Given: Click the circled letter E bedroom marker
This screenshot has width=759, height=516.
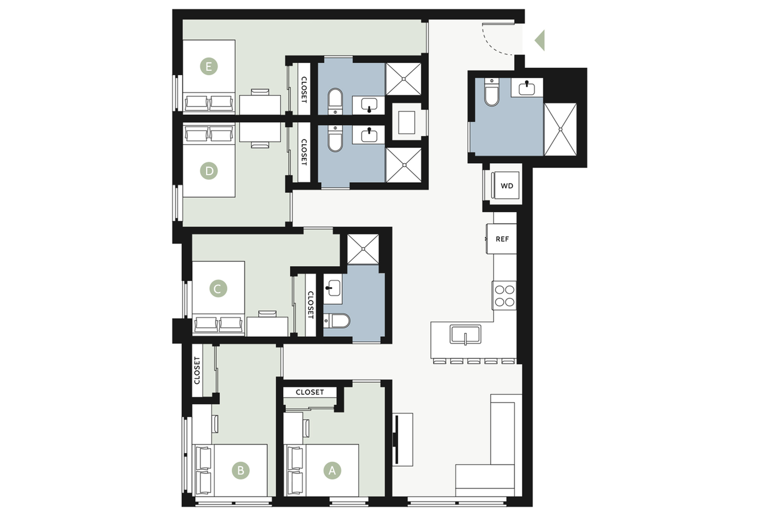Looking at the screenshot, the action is [209, 66].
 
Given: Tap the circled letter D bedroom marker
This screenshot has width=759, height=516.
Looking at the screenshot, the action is [209, 171].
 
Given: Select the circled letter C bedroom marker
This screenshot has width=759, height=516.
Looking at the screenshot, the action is [218, 289].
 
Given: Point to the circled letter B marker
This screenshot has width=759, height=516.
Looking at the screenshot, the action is [241, 470].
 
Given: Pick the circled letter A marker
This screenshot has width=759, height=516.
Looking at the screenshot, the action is [332, 470].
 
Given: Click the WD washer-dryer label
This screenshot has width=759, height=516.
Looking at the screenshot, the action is [507, 186].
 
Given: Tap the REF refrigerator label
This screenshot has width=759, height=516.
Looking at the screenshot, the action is [502, 239].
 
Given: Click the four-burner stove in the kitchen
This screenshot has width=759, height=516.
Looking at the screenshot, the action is [504, 296].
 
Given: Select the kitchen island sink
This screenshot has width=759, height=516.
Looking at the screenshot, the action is [465, 334].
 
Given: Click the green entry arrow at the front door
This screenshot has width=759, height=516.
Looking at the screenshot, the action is [540, 40].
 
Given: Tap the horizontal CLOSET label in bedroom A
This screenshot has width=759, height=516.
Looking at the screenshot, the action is [310, 392].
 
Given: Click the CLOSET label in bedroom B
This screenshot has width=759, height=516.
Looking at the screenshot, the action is [197, 371].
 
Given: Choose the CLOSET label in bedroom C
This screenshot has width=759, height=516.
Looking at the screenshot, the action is [311, 305].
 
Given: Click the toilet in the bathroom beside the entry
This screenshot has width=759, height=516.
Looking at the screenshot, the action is [492, 92].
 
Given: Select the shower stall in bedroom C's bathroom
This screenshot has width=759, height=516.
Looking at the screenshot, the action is [363, 249].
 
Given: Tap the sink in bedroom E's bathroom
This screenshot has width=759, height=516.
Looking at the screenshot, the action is [369, 105].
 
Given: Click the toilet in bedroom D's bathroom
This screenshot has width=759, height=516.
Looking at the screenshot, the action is [336, 139].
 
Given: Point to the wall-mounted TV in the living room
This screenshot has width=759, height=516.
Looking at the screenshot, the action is [396, 440].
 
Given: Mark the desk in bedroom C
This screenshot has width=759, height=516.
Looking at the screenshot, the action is [267, 326].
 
